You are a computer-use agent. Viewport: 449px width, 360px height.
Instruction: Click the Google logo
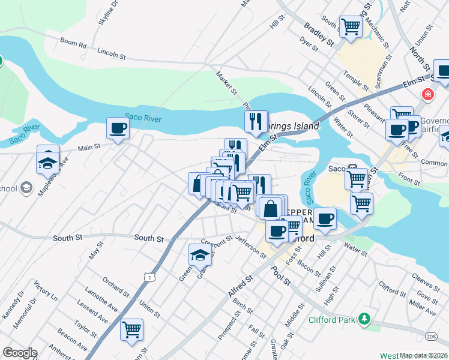click(x=19, y=353)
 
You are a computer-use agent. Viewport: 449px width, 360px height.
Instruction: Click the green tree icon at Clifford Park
click(x=363, y=318)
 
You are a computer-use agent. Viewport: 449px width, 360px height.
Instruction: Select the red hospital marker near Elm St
click(x=427, y=95)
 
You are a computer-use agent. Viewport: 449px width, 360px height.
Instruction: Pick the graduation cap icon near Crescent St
click(x=200, y=255)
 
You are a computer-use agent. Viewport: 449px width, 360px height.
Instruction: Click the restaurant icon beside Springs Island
click(x=256, y=121)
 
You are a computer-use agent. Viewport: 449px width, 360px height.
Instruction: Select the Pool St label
click(x=280, y=277)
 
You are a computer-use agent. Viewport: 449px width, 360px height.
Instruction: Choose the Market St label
click(x=226, y=82)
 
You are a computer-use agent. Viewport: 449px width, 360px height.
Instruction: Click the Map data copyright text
click(x=423, y=355)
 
